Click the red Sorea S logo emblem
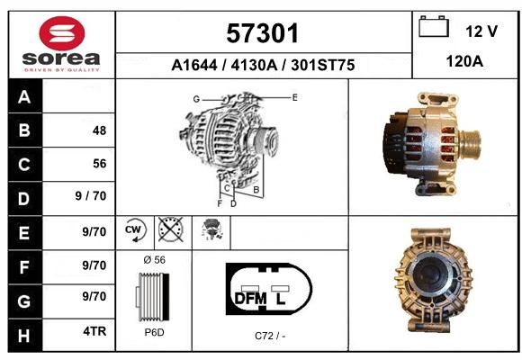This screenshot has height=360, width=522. [62, 33]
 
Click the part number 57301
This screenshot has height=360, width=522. [262, 33]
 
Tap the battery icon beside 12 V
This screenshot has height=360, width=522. [434, 26]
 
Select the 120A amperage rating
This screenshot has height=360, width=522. [464, 61]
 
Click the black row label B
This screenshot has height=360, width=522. [24, 130]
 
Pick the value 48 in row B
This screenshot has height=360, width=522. [99, 130]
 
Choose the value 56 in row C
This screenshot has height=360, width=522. [100, 164]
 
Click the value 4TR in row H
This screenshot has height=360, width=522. [94, 331]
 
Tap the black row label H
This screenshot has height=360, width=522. [24, 336]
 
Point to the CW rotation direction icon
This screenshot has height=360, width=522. [134, 230]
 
